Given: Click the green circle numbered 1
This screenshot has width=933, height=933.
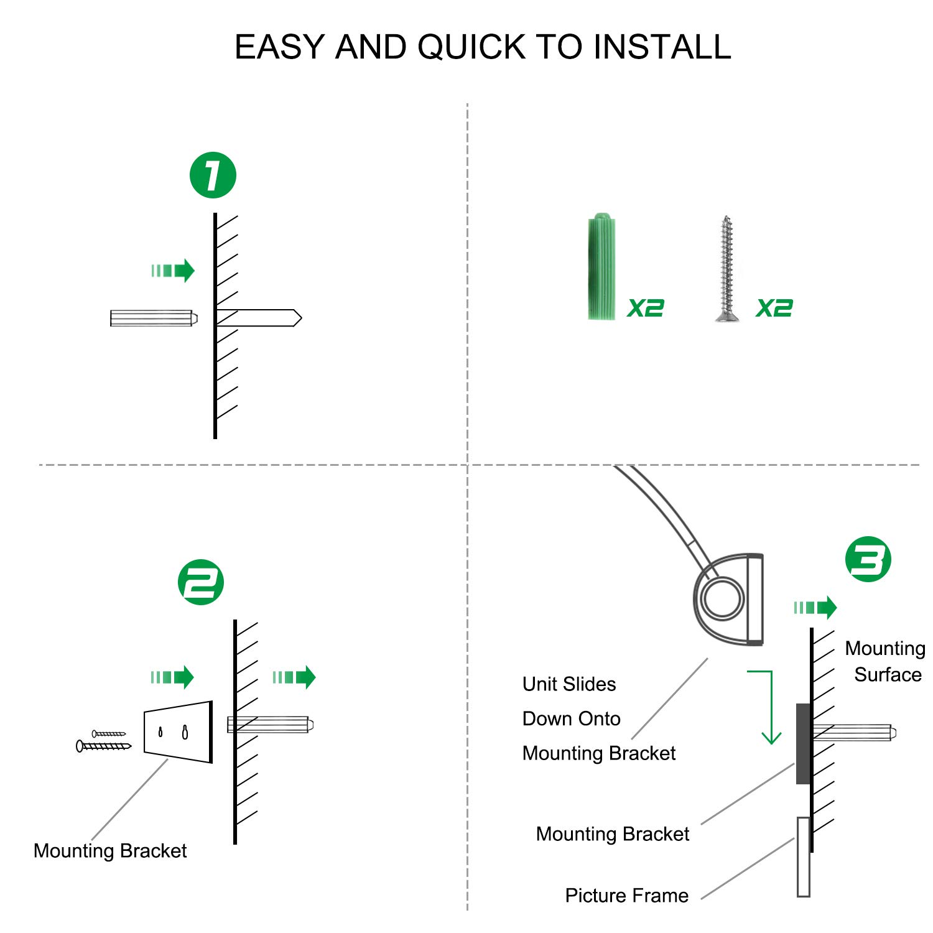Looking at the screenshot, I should [213, 175].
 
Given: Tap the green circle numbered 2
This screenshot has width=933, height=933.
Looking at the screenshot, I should [200, 582].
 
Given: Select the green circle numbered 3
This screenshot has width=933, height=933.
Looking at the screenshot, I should [868, 559].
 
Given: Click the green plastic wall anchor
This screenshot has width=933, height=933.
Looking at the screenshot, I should [601, 267].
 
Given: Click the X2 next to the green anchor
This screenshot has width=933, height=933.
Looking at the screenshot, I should [646, 308].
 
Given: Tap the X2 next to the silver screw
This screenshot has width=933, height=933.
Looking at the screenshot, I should [774, 308].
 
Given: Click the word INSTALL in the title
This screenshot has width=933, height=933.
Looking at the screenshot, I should [662, 47].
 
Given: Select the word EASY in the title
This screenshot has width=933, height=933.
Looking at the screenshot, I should [280, 47].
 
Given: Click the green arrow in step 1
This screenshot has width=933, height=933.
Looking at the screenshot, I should [174, 271].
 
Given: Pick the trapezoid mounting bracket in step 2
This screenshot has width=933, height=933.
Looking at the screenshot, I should [179, 732].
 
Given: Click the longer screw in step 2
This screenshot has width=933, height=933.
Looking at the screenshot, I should [104, 745].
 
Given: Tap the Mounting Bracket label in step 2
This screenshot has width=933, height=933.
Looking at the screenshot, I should [110, 850].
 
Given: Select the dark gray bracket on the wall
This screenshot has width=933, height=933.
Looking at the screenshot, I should [803, 744].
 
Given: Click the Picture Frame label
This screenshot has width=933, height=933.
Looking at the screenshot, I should [626, 895].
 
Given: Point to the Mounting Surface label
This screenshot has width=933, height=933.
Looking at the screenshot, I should [885, 661].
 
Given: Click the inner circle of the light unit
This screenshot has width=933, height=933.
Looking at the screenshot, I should [722, 599].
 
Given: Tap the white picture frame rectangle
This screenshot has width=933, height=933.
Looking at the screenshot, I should [803, 856].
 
